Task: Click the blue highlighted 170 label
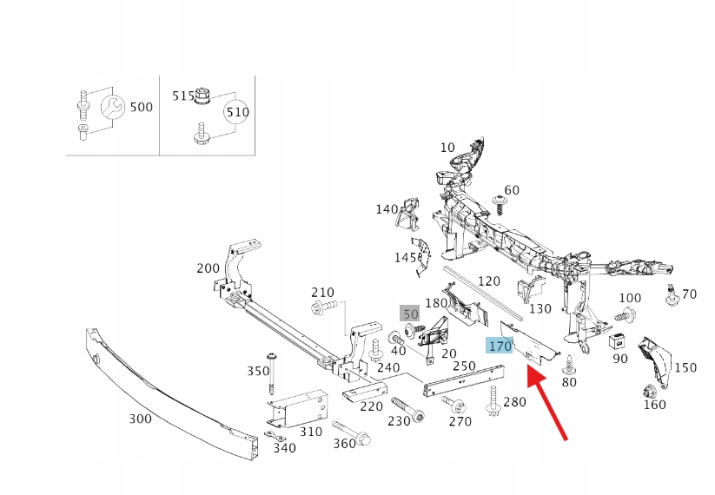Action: point(500,346)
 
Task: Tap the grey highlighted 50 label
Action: point(409,313)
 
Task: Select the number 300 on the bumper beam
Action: point(140,419)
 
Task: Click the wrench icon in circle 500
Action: point(110,108)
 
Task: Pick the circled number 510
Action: point(236,112)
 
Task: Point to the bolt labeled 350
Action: point(273,373)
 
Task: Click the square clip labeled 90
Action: point(619,340)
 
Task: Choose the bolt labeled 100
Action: point(629,315)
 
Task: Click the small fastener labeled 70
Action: point(672,294)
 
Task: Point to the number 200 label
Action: point(208,268)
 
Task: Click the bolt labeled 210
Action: point(319,308)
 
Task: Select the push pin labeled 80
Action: point(568,364)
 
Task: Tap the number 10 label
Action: point(447,148)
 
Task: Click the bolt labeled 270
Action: point(453,405)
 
